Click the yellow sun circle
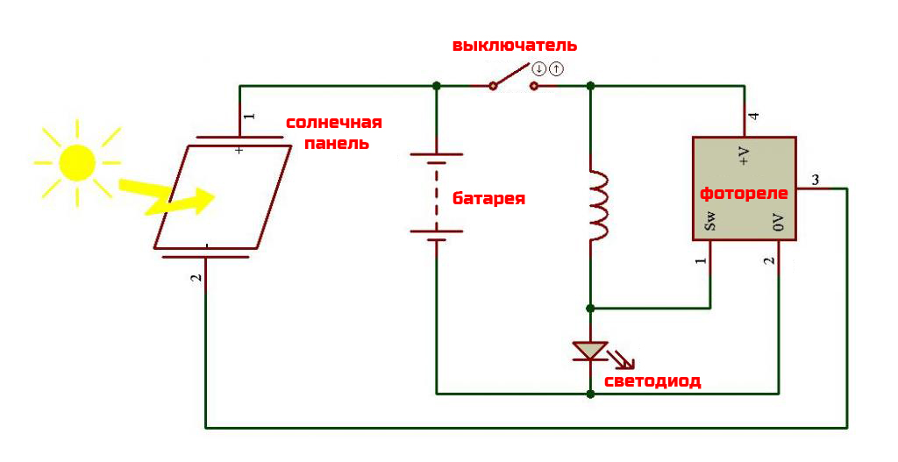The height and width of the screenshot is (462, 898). (76, 162)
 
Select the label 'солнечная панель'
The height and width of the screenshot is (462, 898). (334, 132)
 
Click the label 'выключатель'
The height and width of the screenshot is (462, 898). (514, 45)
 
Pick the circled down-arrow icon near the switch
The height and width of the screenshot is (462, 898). (539, 68)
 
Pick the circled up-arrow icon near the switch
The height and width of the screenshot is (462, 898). (556, 68)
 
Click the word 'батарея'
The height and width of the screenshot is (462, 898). (488, 198)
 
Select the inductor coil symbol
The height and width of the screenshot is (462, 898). (598, 206)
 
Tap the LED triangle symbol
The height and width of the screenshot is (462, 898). (590, 351)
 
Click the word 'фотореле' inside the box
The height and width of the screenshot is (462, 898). (744, 193)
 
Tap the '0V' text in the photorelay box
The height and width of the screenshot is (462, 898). (778, 223)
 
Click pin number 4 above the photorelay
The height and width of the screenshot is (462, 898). (753, 117)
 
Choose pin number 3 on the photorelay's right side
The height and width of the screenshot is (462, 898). (816, 180)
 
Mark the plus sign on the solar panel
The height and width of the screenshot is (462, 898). (239, 150)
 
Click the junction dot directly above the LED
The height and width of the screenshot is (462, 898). (590, 309)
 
